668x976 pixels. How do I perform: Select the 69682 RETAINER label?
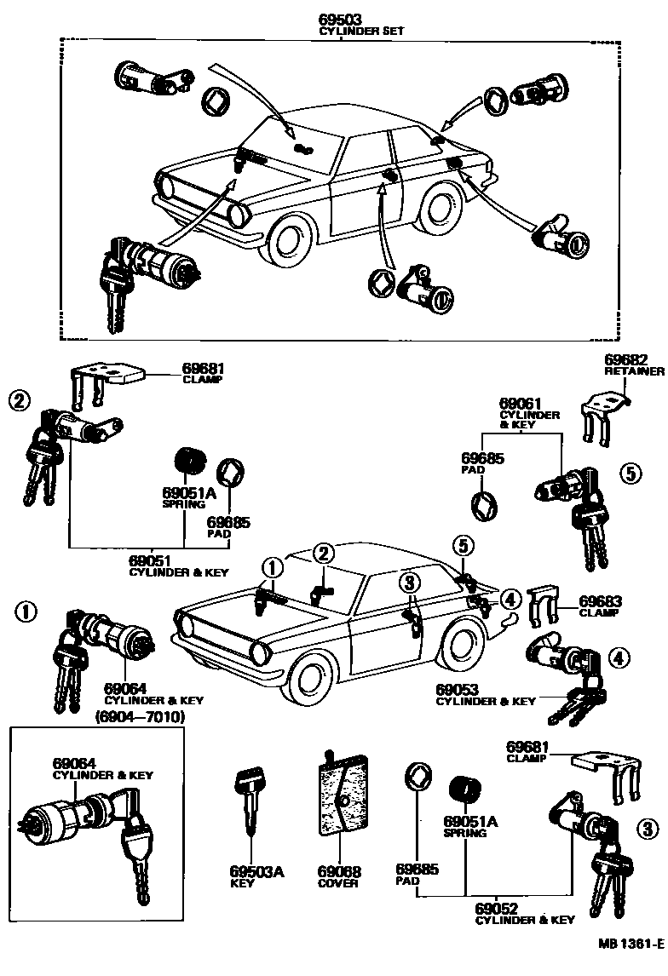click(634, 365)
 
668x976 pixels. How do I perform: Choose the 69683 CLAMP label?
click(598, 606)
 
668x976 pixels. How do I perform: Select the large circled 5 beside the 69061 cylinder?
click(630, 474)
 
